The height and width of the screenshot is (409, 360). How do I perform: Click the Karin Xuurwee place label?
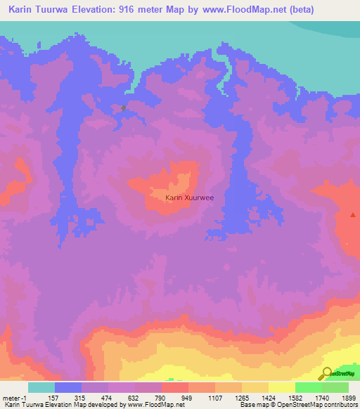click(x=189, y=198)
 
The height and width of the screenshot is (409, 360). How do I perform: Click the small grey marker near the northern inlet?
click(x=124, y=108)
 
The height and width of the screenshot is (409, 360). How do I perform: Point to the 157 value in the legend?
click(x=55, y=397)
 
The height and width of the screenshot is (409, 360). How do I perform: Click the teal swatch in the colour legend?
click(x=41, y=387)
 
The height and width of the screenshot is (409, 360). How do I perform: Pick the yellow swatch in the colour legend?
click(x=282, y=387)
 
